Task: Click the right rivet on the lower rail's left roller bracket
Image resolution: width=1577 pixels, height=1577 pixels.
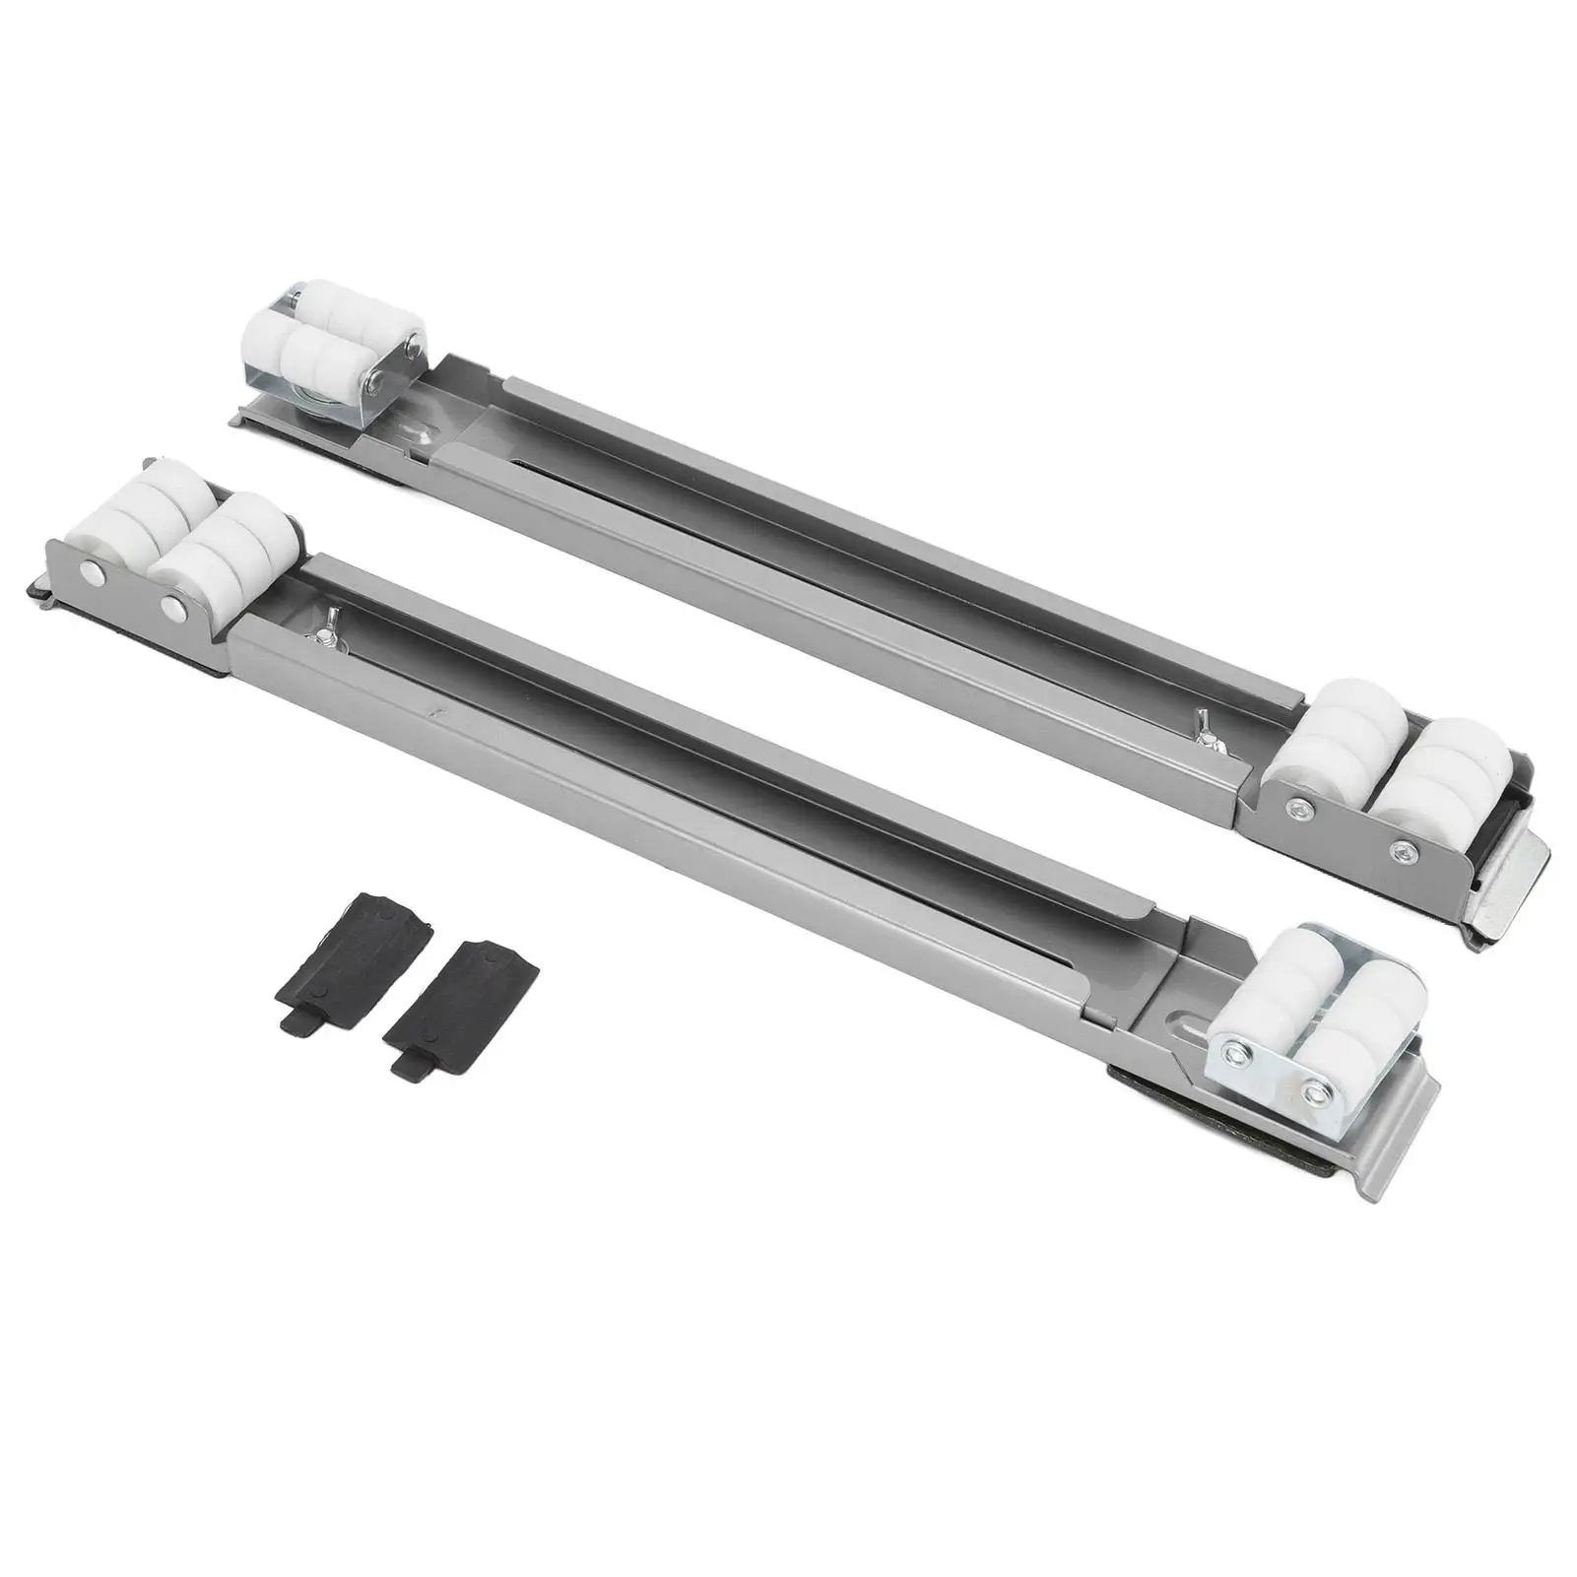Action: coord(176,603)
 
